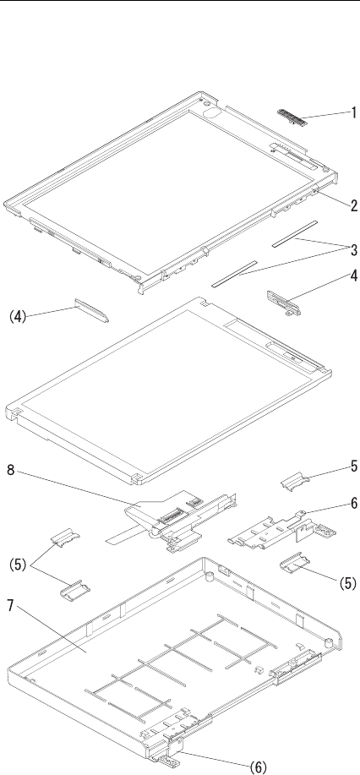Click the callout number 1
click(353, 112)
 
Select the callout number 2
click(353, 205)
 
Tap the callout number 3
click(353, 250)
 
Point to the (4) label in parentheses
click(17, 316)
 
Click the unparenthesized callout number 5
click(353, 466)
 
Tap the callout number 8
click(10, 469)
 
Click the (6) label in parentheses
click(258, 767)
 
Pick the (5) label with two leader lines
click(17, 565)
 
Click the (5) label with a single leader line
click(347, 583)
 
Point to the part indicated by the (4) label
click(92, 310)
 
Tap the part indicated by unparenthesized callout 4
click(284, 302)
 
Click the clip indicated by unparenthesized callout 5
click(295, 480)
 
